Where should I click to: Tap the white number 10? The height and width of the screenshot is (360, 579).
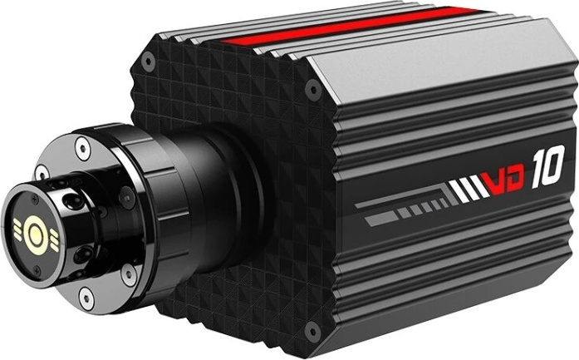point(548,166)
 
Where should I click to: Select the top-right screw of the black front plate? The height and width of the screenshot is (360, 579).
point(313,89)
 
